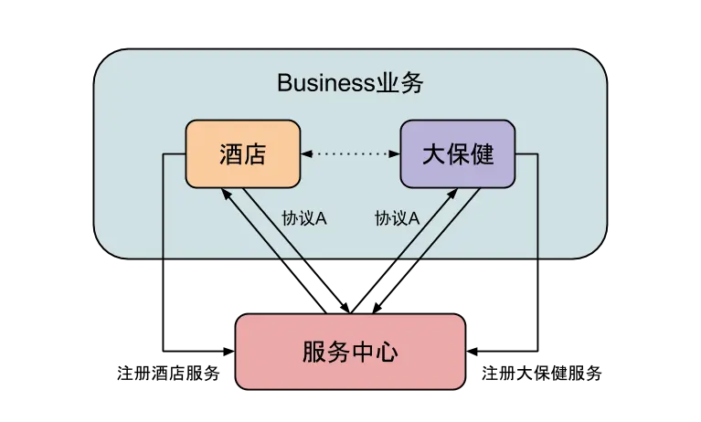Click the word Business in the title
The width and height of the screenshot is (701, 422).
tap(324, 85)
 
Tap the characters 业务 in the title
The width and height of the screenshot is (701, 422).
tap(399, 85)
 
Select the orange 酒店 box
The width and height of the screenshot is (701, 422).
tap(243, 153)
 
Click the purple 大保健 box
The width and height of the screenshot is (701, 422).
tap(457, 153)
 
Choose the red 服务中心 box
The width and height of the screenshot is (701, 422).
tap(351, 353)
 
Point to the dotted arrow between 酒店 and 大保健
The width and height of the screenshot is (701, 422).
tap(351, 154)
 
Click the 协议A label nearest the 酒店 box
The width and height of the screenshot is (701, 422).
tap(304, 219)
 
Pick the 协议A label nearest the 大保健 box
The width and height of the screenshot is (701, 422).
tap(397, 219)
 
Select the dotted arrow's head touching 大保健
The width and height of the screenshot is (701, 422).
tap(395, 154)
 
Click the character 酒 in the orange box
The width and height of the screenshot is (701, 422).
tap(231, 153)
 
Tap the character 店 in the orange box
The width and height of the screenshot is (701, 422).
tap(255, 153)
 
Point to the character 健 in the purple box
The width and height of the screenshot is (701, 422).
tap(482, 153)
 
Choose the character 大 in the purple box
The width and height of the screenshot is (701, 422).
tap(433, 153)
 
